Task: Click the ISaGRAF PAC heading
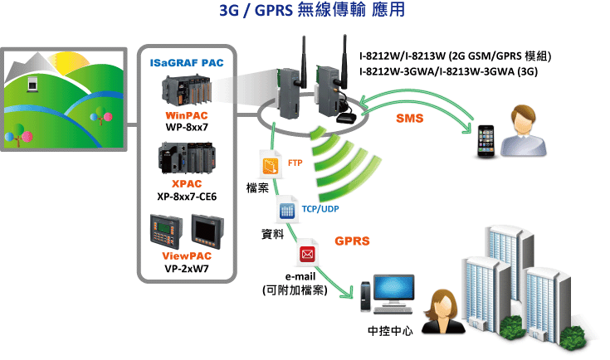[187, 62]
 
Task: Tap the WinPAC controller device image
[187, 90]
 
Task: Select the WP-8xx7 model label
[187, 127]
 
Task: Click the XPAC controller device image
[187, 158]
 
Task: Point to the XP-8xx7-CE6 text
[187, 197]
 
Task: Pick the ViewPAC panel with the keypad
[166, 231]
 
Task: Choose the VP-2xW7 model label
[187, 269]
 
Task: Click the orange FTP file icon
[271, 165]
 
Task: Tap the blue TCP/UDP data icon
[287, 210]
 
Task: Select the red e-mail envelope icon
[307, 253]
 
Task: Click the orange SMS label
[410, 118]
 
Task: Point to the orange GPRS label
[352, 241]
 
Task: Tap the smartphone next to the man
[486, 141]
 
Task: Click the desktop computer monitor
[393, 289]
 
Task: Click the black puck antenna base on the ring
[347, 118]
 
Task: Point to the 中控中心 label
[390, 331]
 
